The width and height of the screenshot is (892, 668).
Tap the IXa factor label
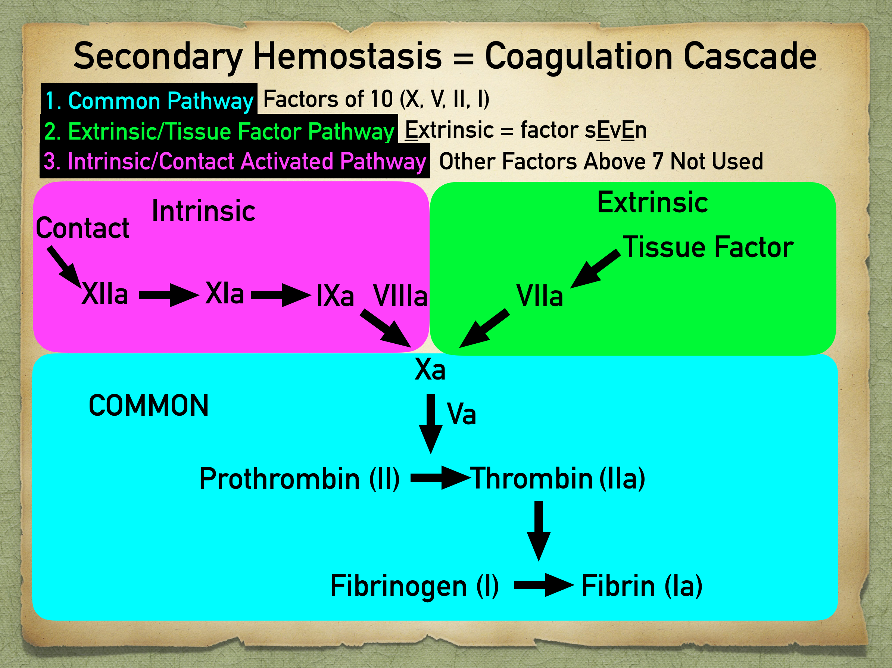335,296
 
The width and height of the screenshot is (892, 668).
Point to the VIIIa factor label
400,296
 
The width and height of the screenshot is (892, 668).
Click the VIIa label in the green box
539,296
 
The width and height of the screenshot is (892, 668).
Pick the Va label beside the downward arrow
461,414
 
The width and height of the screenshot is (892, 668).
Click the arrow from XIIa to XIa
169,295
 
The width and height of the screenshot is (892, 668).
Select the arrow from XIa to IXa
281,295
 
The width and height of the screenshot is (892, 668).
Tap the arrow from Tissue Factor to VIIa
595,269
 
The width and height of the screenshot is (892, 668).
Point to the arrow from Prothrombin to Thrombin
440,478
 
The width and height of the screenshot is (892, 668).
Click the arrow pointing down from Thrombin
538,530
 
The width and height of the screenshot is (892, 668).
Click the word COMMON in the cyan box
149,406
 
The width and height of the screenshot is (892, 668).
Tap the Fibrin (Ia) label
642,586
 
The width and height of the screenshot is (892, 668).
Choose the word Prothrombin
280,479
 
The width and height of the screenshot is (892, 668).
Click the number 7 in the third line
658,161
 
